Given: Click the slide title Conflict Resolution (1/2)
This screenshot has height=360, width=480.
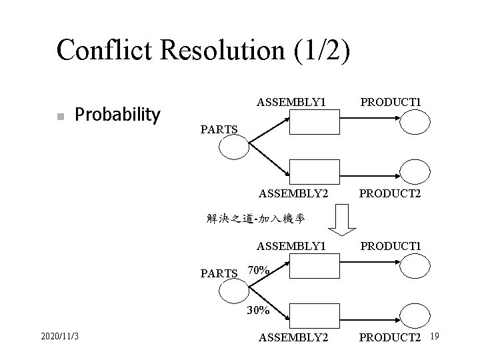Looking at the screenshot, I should coord(203,50).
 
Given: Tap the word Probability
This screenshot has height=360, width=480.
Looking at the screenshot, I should coord(117,115).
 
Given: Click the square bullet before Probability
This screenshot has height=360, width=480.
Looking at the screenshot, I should coord(59,117).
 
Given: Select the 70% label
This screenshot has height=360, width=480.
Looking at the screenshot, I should coord(258,271).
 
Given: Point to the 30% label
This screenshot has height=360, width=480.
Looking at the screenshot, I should coord(258,310).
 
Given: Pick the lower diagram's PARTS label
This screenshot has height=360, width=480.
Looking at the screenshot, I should coord(219,273).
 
